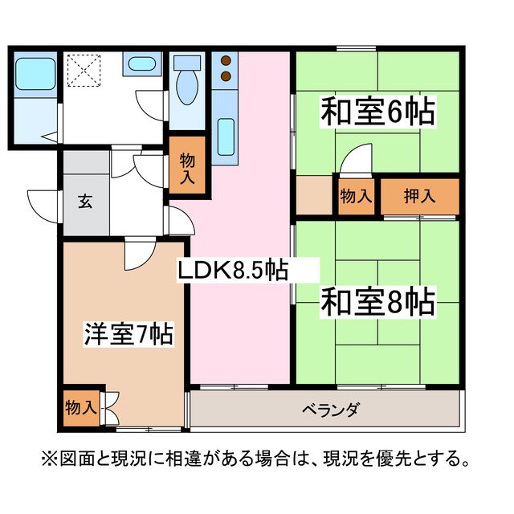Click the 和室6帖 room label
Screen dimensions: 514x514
378,112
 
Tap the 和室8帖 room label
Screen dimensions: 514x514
378,303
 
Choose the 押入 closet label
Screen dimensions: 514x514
420,194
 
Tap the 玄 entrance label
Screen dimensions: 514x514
84,201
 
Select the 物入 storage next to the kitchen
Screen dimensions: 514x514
187,169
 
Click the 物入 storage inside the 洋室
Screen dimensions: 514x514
80,406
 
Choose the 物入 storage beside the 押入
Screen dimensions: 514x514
356,194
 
